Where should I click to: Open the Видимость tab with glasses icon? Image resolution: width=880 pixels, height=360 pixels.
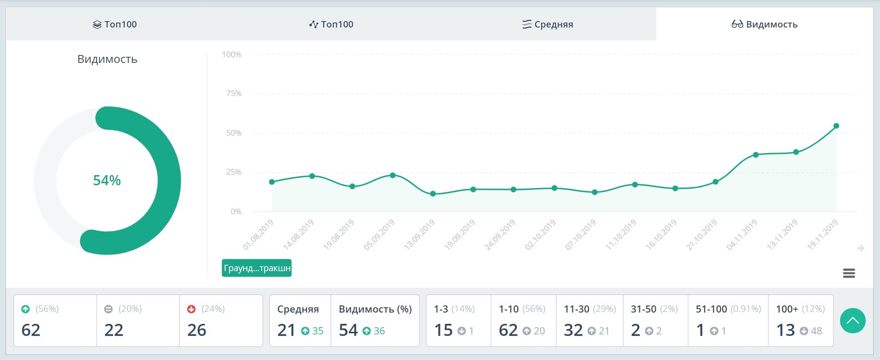[x=764, y=24]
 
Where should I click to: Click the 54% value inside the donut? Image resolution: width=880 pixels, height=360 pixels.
[x=107, y=180]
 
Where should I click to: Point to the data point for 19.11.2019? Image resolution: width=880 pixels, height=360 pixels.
[x=836, y=126]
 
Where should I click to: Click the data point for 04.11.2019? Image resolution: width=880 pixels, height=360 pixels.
[x=756, y=155]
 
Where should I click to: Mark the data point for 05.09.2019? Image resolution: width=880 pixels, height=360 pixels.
[x=393, y=175]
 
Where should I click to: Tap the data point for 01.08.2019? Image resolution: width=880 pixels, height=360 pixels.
[x=272, y=182]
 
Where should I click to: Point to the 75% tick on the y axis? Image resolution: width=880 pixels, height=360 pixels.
[x=234, y=93]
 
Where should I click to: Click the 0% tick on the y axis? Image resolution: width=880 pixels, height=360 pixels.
[x=236, y=211]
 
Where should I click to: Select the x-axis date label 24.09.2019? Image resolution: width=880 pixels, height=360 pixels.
[x=500, y=235]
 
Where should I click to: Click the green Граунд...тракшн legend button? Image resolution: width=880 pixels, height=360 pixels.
[x=257, y=268]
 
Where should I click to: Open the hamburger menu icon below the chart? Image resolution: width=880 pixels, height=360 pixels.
[x=849, y=273]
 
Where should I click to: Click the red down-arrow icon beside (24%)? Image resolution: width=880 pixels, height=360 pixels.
[x=191, y=309]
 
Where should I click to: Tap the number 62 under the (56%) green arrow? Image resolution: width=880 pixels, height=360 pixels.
[x=31, y=330]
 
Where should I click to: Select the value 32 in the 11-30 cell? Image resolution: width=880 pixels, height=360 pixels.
[x=573, y=330]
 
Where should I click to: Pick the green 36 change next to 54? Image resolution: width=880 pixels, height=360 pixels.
[x=379, y=331]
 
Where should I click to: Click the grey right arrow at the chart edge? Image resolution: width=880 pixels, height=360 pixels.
[x=861, y=248]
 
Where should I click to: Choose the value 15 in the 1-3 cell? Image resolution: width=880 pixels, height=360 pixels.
[x=443, y=330]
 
